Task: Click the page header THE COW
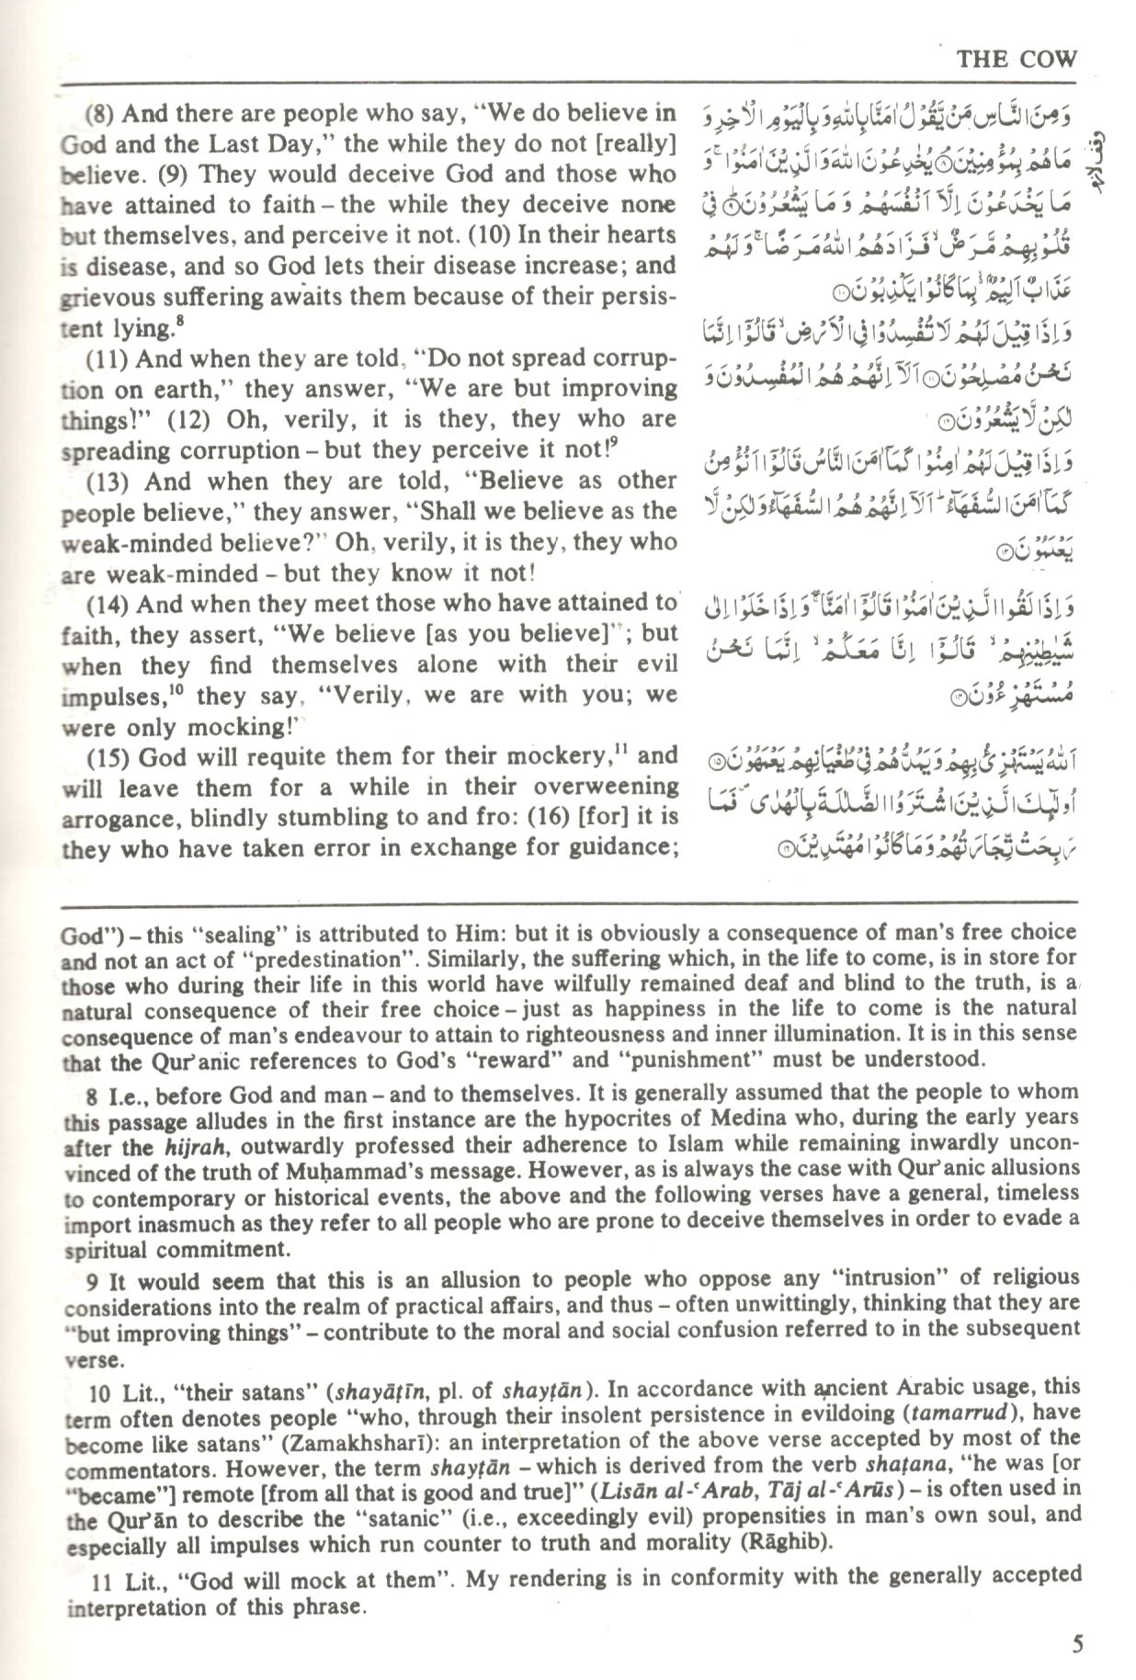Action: (1016, 59)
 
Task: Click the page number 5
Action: (1077, 1643)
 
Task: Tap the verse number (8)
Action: (102, 114)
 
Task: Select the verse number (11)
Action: (107, 359)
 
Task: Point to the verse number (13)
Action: (108, 482)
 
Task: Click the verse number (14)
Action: (108, 604)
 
